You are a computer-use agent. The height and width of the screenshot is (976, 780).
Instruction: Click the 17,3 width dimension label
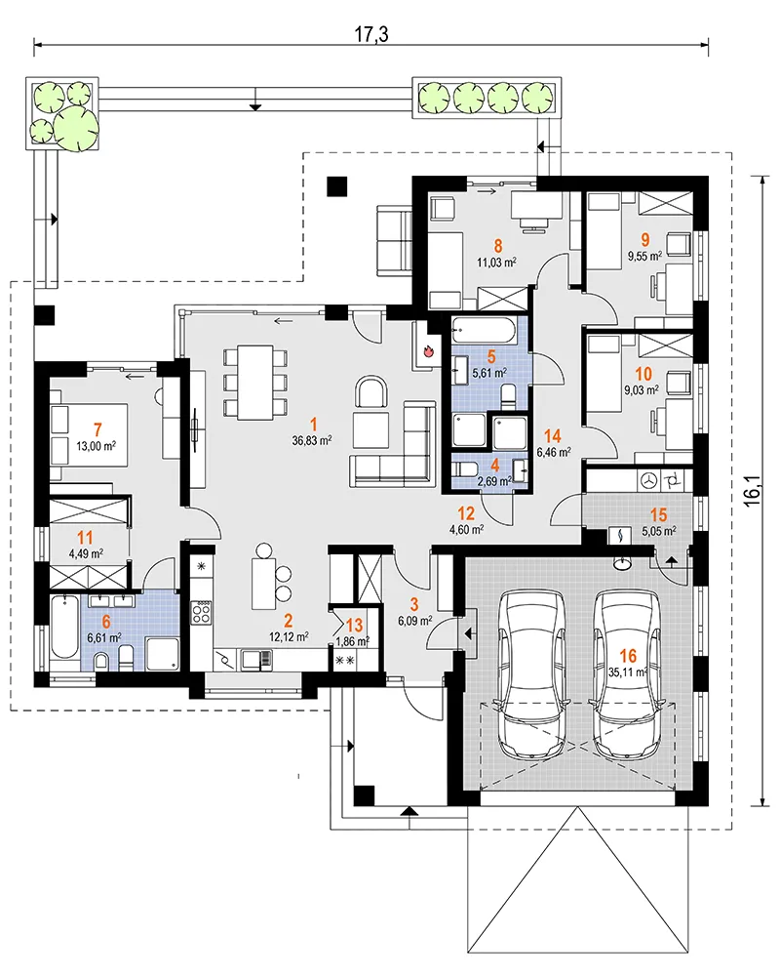[x=371, y=33]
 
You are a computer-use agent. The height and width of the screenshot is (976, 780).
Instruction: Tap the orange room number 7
[x=97, y=429]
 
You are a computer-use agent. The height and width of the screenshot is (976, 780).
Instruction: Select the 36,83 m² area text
[x=312, y=440]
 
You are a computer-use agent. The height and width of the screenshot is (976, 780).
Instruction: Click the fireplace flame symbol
[x=428, y=351]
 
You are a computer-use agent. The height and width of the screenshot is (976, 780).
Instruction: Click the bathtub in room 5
[x=483, y=330]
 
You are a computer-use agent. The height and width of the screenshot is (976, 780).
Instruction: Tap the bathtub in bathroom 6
[x=64, y=628]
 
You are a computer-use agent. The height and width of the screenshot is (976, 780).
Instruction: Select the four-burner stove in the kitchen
[x=201, y=612]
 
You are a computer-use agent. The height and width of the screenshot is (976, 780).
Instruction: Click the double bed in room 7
[x=89, y=434]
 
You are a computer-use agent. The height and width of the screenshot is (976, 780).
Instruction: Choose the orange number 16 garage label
[x=628, y=655]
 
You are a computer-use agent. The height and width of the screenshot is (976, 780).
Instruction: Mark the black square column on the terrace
[x=337, y=185]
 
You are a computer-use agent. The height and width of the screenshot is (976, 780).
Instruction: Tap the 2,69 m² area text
[x=494, y=480]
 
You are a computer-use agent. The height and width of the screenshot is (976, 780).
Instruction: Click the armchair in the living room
[x=371, y=392]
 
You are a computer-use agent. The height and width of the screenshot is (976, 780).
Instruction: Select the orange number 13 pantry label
[x=354, y=626]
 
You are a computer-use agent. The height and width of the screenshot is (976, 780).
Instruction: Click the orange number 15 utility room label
[x=658, y=514]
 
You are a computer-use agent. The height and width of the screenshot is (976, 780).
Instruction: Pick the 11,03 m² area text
[x=496, y=262]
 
